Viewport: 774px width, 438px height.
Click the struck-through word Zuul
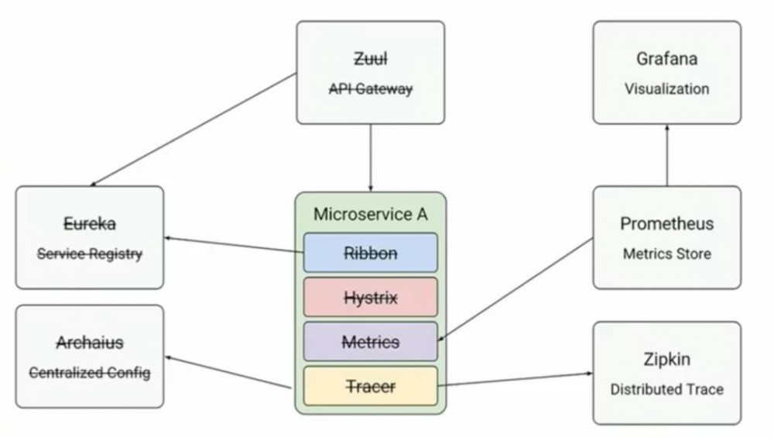(371, 59)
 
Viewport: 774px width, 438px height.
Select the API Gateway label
(371, 89)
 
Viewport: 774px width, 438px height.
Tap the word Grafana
(666, 59)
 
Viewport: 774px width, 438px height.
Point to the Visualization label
(666, 89)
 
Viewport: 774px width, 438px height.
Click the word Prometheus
(666, 224)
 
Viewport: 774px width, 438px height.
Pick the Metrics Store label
(666, 253)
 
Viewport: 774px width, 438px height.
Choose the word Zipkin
(666, 360)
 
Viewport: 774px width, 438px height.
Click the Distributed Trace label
(666, 389)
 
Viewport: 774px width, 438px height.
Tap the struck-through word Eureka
(90, 224)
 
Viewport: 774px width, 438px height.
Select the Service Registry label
(90, 253)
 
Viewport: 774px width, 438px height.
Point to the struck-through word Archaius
(90, 343)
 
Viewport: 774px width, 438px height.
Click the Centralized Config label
(90, 373)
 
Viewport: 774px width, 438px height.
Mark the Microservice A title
(370, 214)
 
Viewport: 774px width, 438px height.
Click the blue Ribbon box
(370, 253)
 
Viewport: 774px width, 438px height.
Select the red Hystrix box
(370, 297)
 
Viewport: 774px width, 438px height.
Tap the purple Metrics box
(370, 341)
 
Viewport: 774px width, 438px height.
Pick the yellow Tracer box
(370, 386)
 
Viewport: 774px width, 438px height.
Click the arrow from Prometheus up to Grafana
(666, 155)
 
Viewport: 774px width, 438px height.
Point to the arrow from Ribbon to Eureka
(232, 243)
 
